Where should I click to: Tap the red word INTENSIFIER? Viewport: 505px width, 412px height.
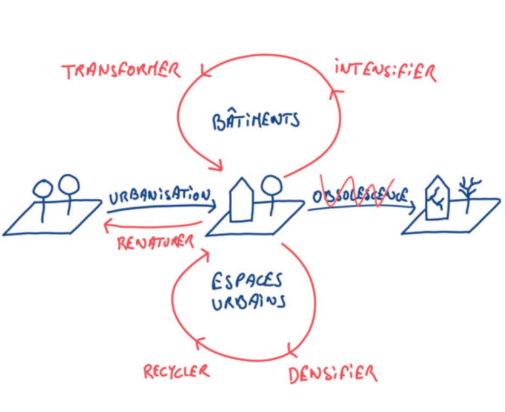(385, 70)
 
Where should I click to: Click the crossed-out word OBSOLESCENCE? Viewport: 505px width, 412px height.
(359, 195)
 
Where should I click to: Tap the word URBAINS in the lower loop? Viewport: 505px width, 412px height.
(248, 303)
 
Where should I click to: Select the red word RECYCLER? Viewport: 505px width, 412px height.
(176, 372)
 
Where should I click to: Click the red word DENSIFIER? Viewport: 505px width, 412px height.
(333, 374)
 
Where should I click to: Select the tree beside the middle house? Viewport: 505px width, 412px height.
(270, 191)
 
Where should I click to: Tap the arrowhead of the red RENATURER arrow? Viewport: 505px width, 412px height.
(107, 225)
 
